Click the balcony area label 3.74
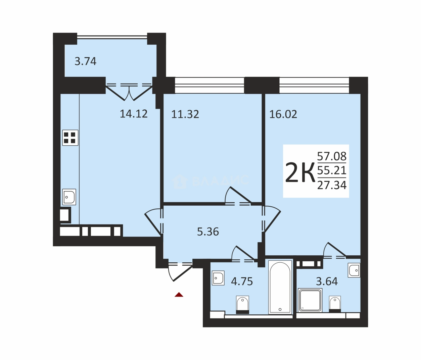point(85,61)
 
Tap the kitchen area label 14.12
point(134,114)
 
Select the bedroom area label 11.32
point(185,114)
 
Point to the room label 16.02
point(283,114)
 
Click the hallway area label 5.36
point(208,232)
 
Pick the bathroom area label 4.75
point(242,281)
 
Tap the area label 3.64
point(327,281)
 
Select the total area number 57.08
point(332,156)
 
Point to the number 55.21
point(332,170)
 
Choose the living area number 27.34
point(332,185)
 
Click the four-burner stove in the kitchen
point(70,138)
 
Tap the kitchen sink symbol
point(69,197)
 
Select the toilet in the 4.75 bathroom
point(242,305)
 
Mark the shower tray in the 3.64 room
point(310,300)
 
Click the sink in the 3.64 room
point(354,270)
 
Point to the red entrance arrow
point(179,295)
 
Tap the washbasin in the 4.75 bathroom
point(218,278)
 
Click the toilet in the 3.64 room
point(335,304)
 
